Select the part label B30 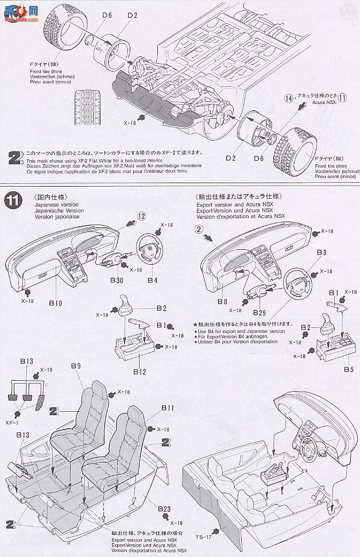tap(117, 281)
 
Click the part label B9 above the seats tap(76, 365)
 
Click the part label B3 tap(321, 252)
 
